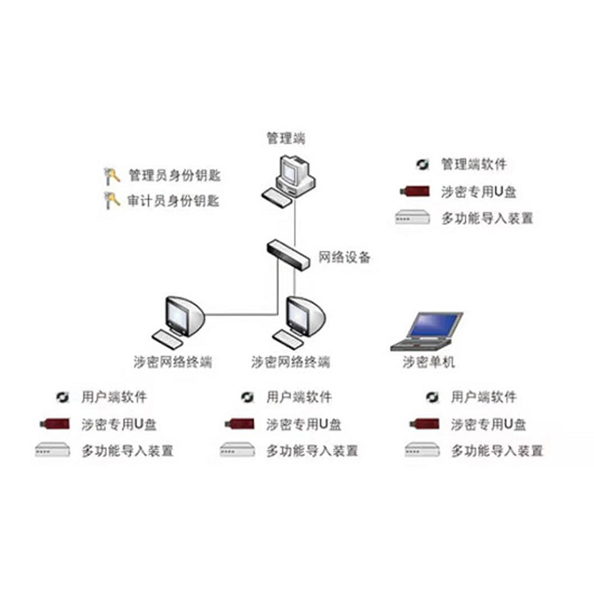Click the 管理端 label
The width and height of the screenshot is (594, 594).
tap(286, 139)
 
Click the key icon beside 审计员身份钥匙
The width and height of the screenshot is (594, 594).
tap(112, 200)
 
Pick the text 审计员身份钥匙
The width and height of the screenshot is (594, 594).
tap(173, 200)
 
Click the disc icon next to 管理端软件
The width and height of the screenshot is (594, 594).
tap(422, 165)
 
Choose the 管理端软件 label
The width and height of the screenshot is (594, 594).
tap(474, 165)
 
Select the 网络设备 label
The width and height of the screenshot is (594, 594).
tap(345, 257)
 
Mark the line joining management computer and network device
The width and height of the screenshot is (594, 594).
tap(295, 222)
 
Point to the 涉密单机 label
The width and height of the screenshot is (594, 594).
tap(429, 364)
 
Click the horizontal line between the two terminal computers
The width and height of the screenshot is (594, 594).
tap(242, 314)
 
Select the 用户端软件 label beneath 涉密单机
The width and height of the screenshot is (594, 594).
tap(484, 397)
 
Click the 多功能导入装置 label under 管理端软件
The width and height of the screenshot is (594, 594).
tap(487, 218)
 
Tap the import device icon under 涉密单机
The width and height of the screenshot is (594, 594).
tap(422, 451)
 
